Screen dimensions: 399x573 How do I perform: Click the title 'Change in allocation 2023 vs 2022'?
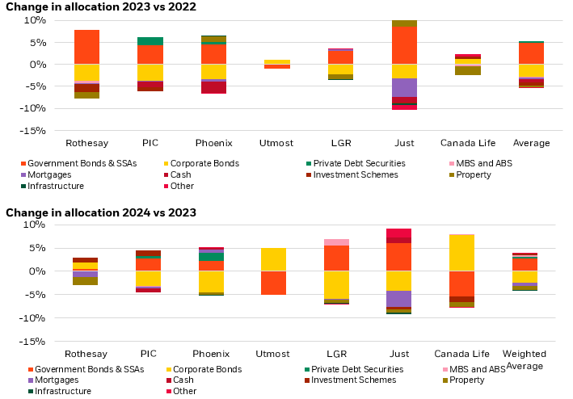click(x=95, y=6)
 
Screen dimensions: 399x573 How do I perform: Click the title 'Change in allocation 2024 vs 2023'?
click(x=101, y=212)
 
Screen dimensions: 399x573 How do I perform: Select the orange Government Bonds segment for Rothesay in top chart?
click(x=86, y=47)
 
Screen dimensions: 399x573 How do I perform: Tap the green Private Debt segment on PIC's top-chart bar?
click(x=150, y=40)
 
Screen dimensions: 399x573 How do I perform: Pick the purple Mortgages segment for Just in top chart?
click(x=404, y=87)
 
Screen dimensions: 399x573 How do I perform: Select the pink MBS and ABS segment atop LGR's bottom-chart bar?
click(x=336, y=242)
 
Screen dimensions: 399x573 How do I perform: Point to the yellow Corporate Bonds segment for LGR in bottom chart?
click(x=336, y=284)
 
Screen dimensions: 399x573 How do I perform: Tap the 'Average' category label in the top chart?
click(x=531, y=143)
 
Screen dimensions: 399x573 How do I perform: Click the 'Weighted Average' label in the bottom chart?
click(x=524, y=359)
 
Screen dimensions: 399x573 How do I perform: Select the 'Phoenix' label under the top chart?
click(x=213, y=143)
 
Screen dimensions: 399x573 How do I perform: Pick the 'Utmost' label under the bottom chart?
click(x=274, y=354)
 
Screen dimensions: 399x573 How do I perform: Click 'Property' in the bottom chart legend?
click(x=466, y=380)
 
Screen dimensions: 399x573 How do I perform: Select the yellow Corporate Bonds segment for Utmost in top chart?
click(x=274, y=61)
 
